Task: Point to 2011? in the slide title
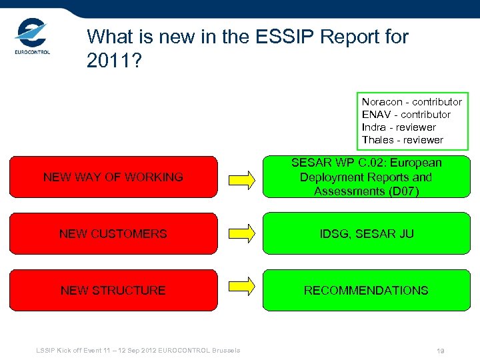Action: click(x=113, y=61)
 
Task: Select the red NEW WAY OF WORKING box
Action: click(x=113, y=177)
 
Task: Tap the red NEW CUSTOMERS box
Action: click(x=113, y=234)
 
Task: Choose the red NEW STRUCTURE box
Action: click(x=113, y=291)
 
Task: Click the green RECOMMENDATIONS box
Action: click(x=365, y=291)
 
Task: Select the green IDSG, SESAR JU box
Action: click(x=365, y=234)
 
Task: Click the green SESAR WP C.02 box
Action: click(x=365, y=177)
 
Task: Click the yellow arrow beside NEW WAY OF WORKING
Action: click(x=242, y=178)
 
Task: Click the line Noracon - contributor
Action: click(x=411, y=102)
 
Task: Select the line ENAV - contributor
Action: click(x=406, y=115)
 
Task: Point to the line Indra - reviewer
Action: click(x=399, y=127)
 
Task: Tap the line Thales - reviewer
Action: click(x=402, y=140)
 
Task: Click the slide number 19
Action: click(x=441, y=351)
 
